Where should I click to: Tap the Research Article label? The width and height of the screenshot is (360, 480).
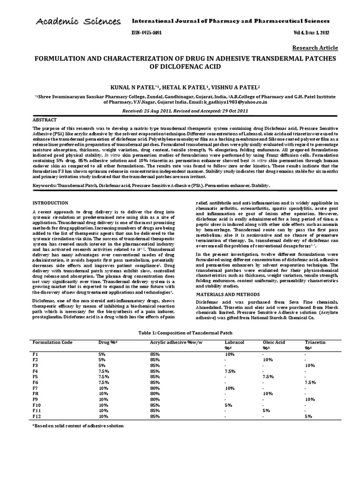pyautogui.click(x=315, y=48)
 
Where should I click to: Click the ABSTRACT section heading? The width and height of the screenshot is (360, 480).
pyautogui.click(x=46, y=120)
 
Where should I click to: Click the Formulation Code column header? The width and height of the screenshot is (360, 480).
pyautogui.click(x=52, y=342)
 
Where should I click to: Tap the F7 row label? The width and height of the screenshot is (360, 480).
pyautogui.click(x=36, y=388)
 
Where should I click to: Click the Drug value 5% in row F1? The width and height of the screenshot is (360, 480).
pyautogui.click(x=102, y=354)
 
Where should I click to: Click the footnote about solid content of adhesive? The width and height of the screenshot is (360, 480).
pyautogui.click(x=78, y=426)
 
